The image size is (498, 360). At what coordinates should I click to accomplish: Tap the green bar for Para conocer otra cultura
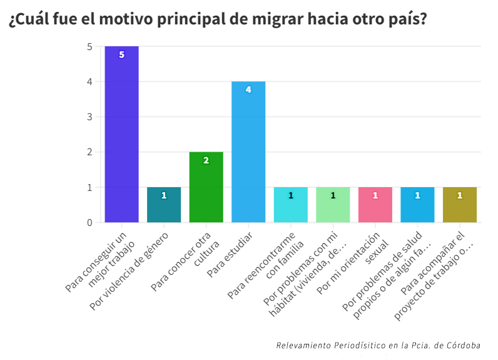pyautogui.click(x=206, y=187)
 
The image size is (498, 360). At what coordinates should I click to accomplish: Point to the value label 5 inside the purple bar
pyautogui.click(x=121, y=54)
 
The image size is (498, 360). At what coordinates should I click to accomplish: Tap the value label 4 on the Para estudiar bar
pyautogui.click(x=248, y=90)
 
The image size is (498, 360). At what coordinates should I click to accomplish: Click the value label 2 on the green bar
pyautogui.click(x=206, y=160)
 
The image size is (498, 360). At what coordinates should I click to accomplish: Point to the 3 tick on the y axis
pyautogui.click(x=89, y=117)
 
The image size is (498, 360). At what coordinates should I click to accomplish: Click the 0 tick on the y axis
pyautogui.click(x=89, y=222)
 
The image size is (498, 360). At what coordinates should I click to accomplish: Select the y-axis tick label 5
pyautogui.click(x=89, y=46)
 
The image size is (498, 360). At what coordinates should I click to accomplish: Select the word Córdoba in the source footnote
pyautogui.click(x=464, y=345)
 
